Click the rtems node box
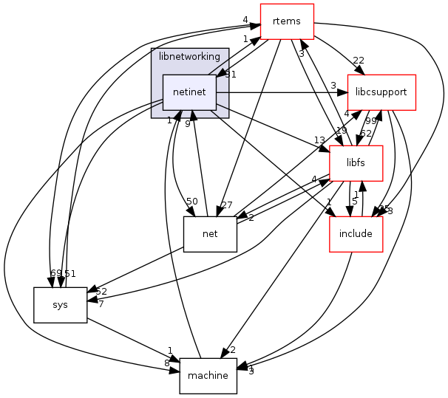coord(286,21)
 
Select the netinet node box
coord(189,92)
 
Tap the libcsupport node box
coord(381,92)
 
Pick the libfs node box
coord(356,163)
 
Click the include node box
coord(356,234)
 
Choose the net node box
coord(210,234)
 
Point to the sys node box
coord(60,304)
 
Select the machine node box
coord(208,375)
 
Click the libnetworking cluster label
coord(189,56)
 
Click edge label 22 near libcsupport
coord(359,60)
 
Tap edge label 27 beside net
coord(227,205)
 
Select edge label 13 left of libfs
coord(319,140)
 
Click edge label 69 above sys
coord(55,274)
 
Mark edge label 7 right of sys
coord(101,304)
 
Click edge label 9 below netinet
coord(187,124)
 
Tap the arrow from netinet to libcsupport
coord(281,92)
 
